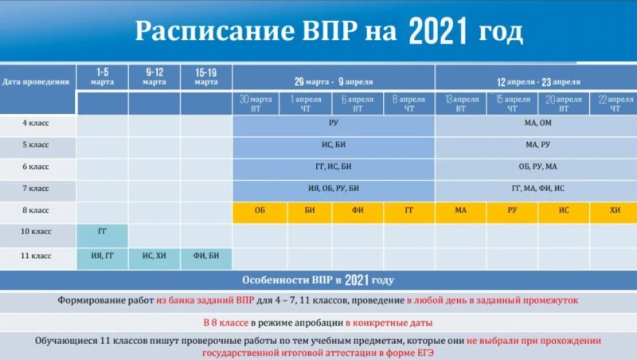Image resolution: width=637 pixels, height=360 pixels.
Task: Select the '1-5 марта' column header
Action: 103,77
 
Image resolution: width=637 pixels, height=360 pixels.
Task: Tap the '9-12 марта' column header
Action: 154,77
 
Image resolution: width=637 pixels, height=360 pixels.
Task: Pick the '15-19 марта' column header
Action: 205,77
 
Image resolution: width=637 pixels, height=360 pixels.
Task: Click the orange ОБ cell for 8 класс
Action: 259,210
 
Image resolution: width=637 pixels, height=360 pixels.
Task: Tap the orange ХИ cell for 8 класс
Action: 615,210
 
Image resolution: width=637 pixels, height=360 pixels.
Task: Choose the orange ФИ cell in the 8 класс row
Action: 359,210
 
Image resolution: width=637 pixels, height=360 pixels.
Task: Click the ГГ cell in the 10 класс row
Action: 103,232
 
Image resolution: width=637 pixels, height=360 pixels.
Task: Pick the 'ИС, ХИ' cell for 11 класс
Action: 154,256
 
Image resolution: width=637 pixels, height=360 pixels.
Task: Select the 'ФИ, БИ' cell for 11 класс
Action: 205,256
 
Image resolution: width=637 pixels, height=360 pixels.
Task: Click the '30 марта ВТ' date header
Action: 257,104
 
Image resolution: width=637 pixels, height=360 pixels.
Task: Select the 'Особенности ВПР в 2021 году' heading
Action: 318,280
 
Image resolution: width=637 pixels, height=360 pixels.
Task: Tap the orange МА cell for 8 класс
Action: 461,210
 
